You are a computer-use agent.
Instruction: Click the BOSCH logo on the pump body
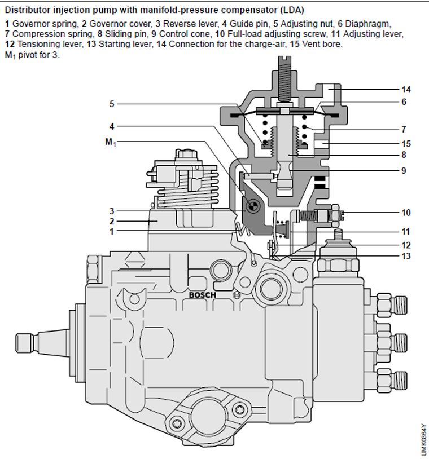tap(202, 294)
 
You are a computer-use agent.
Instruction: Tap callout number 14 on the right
tap(406, 90)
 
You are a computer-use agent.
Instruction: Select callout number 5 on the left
tap(112, 104)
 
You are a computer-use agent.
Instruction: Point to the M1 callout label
tap(110, 142)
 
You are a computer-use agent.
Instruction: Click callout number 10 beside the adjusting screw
tap(406, 213)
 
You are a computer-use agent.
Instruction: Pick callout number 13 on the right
tap(406, 256)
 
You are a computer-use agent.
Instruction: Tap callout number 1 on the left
tap(112, 231)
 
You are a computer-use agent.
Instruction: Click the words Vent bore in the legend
tap(323, 44)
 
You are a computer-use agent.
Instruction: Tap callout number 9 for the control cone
tap(406, 170)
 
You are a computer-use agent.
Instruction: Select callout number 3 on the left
tap(112, 211)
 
